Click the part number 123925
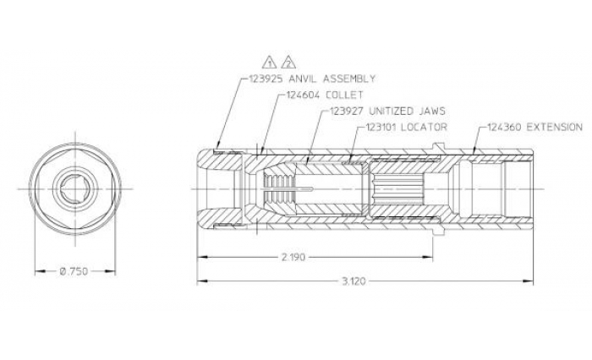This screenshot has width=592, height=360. click(266, 78)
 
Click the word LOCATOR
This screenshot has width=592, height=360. click(427, 127)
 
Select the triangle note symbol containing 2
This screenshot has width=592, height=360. click(289, 63)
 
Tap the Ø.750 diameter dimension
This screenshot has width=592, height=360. click(73, 271)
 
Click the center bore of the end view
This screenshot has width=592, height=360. click(73, 188)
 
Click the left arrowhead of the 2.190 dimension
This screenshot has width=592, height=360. click(201, 255)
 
